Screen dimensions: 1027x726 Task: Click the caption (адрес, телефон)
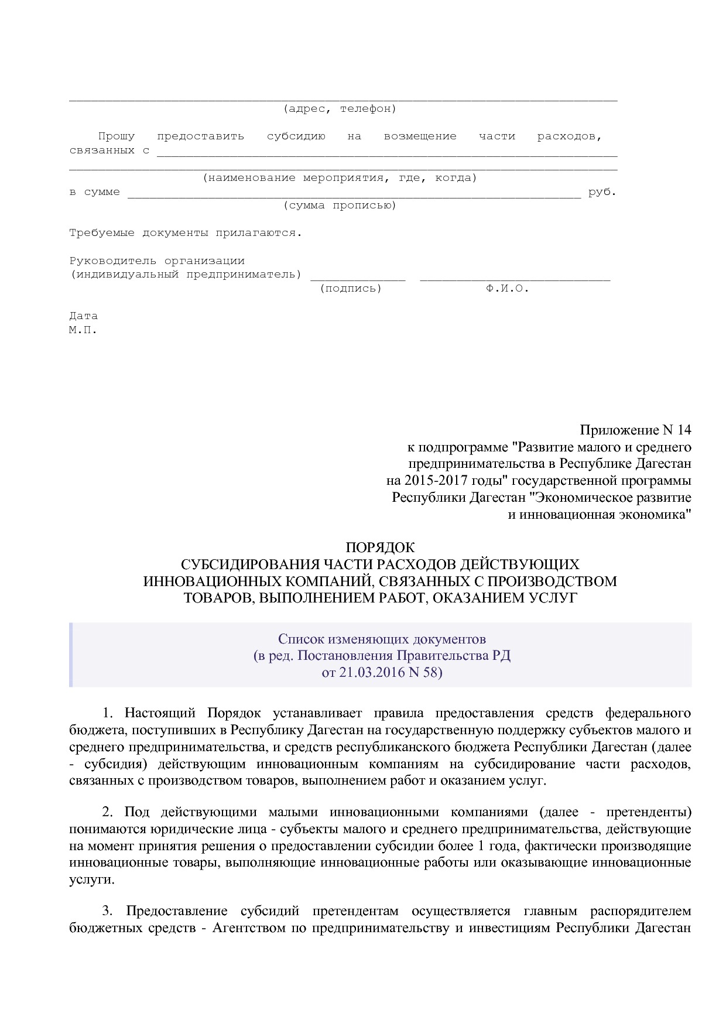(340, 109)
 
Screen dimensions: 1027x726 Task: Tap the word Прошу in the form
(116, 136)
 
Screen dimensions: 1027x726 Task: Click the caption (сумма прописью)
(340, 206)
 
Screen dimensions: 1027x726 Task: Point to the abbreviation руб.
(602, 192)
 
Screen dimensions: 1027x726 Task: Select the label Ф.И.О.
(507, 289)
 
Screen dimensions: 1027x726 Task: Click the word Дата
(83, 316)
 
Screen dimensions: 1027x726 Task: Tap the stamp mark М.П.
(83, 330)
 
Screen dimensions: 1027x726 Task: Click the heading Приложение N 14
(635, 430)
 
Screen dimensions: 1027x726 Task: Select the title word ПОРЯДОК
(380, 547)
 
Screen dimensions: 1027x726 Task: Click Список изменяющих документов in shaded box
(382, 638)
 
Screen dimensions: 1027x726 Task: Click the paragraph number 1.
(107, 713)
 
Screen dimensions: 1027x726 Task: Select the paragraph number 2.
(107, 812)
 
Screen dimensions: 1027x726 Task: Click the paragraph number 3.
(107, 911)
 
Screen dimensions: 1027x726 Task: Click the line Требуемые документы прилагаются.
(186, 233)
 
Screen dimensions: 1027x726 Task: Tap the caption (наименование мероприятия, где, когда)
(340, 178)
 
